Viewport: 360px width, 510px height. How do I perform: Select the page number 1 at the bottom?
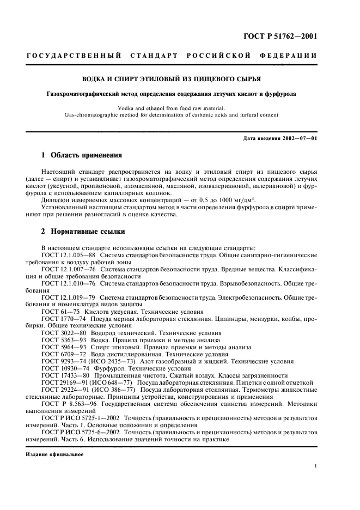(316, 466)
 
